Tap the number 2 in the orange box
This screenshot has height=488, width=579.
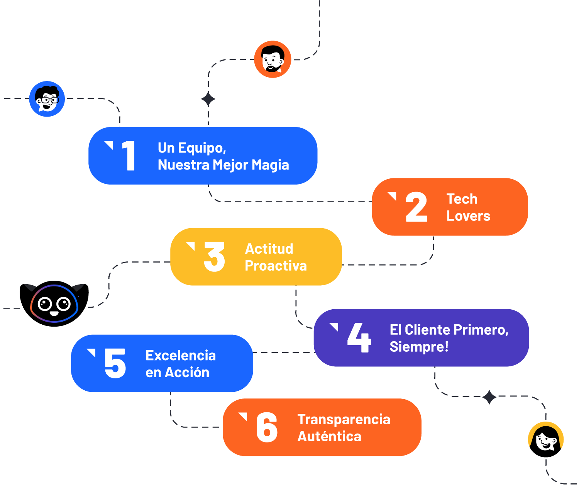tap(416, 207)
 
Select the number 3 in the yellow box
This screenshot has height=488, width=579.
tap(214, 257)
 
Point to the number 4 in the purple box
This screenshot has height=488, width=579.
tap(359, 338)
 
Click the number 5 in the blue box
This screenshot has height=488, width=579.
tap(115, 363)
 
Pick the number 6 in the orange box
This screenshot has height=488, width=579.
tap(267, 427)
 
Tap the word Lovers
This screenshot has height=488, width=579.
tap(468, 216)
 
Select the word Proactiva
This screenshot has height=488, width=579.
tap(276, 266)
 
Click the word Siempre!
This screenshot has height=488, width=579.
tap(419, 347)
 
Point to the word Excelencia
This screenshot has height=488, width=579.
tap(180, 356)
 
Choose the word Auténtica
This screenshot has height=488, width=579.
tap(329, 437)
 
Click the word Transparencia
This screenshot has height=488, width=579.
tap(344, 420)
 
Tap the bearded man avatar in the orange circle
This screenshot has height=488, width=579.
tap(273, 59)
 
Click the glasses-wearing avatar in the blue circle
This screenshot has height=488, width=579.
tap(47, 99)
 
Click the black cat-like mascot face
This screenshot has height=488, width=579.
tap(54, 303)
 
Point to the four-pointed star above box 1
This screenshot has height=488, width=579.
tap(208, 99)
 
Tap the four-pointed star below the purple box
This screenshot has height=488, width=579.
tap(489, 397)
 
